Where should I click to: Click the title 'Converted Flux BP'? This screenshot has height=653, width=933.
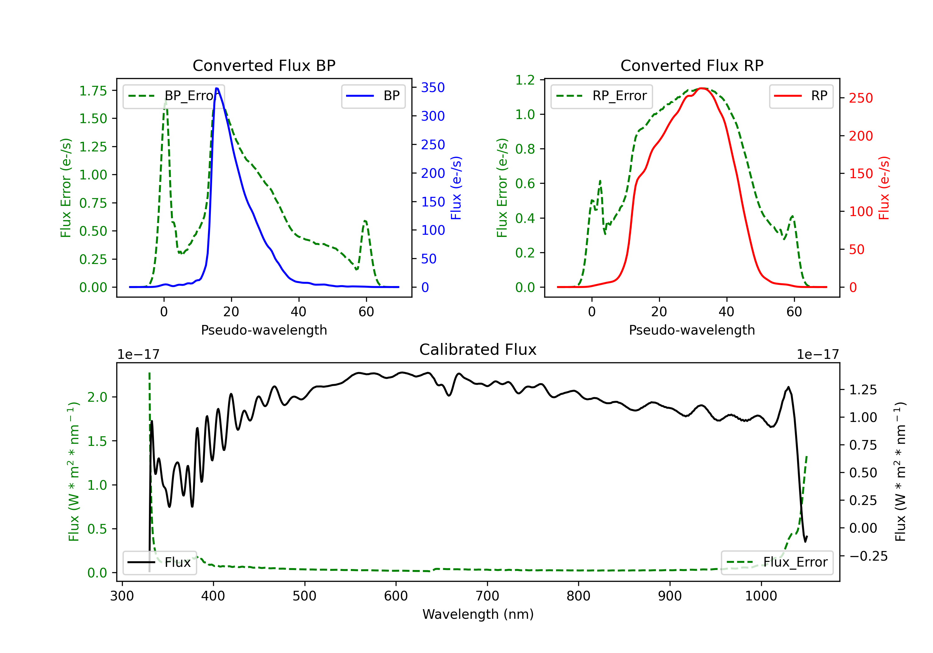click(264, 65)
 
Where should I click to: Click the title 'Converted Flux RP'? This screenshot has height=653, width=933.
click(692, 65)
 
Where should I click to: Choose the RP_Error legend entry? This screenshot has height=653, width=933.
click(601, 96)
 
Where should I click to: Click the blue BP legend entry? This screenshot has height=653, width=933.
click(373, 96)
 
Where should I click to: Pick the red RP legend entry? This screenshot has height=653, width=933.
click(801, 96)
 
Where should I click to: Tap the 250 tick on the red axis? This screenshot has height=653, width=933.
click(861, 98)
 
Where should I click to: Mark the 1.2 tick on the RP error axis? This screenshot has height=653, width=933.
click(525, 80)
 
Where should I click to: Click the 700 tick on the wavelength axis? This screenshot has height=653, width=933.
click(487, 596)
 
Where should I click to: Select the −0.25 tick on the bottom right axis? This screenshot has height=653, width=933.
click(868, 556)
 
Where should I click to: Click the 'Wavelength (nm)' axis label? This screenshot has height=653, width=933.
click(478, 614)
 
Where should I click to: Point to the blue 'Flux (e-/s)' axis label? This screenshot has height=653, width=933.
click(456, 188)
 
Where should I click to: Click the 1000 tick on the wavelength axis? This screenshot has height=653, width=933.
click(761, 596)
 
